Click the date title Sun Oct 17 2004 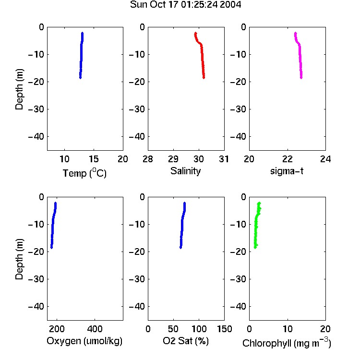tap(185, 5)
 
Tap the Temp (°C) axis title tap(84, 173)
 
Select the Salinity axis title tap(185, 171)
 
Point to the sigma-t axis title tap(287, 171)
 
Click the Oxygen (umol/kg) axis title tap(84, 341)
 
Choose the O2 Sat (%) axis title tap(186, 341)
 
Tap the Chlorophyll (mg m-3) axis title tap(287, 343)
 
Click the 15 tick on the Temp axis tap(94, 159)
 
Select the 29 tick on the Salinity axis tap(173, 159)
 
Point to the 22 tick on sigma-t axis tap(288, 159)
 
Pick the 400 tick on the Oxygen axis tap(95, 329)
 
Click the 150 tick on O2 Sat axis tap(224, 329)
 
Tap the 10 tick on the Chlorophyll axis tap(288, 329)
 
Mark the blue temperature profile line tap(81, 55)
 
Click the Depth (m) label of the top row tap(19, 89)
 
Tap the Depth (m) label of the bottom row tap(19, 259)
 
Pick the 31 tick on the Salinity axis tap(224, 159)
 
